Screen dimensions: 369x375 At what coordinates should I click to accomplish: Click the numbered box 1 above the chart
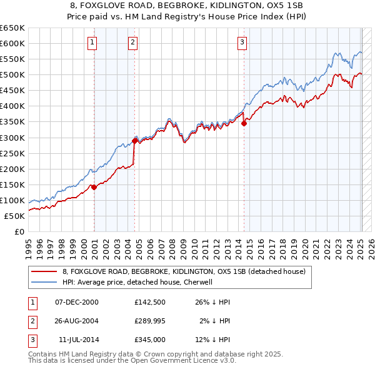click(92, 43)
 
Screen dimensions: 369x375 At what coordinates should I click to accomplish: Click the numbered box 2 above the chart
click(133, 43)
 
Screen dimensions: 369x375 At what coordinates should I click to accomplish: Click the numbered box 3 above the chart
click(242, 43)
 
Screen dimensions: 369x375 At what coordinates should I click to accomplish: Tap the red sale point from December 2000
click(94, 187)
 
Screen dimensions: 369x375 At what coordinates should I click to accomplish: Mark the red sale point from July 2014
click(244, 123)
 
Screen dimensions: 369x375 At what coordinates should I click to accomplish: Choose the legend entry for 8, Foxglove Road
click(184, 271)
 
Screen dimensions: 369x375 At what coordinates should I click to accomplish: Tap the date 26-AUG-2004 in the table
click(77, 321)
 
